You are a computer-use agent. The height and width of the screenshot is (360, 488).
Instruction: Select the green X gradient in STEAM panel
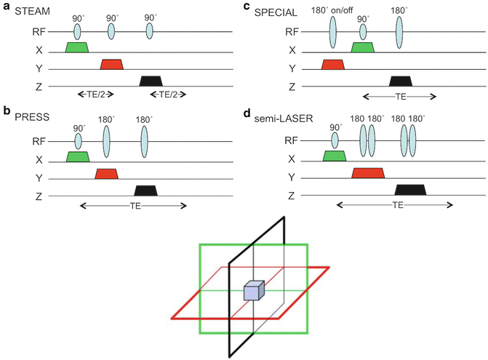click(x=77, y=47)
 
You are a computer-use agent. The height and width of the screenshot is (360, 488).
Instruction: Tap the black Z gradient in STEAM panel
click(x=151, y=81)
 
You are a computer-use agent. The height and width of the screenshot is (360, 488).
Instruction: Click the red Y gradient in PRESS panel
click(x=106, y=173)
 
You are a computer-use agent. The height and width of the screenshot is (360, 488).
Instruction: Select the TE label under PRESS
click(x=132, y=206)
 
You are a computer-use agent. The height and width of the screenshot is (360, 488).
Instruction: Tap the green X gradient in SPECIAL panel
click(x=362, y=47)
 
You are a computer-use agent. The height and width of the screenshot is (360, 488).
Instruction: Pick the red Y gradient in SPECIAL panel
click(x=332, y=65)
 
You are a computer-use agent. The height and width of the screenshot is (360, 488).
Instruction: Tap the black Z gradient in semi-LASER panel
click(x=410, y=190)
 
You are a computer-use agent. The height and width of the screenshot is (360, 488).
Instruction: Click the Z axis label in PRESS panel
click(x=30, y=191)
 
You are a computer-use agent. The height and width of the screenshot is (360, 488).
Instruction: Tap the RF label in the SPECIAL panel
click(x=292, y=31)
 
